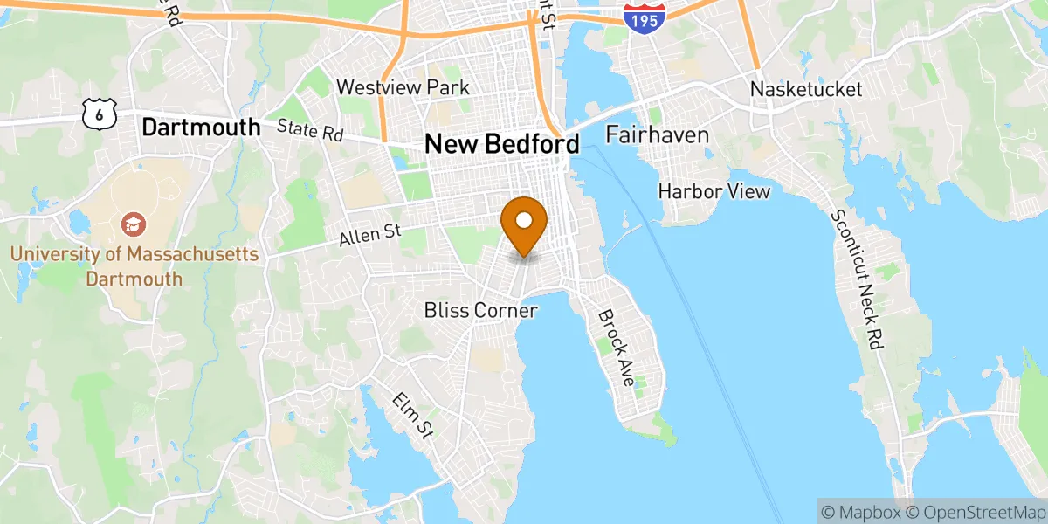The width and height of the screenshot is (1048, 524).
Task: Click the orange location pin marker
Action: click(x=524, y=224)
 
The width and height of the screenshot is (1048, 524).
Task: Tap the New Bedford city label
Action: click(x=501, y=144)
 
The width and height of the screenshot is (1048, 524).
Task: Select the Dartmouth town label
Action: click(x=201, y=128)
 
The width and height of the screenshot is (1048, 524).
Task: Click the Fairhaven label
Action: click(x=657, y=135)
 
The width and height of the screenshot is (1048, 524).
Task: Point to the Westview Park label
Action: click(x=403, y=87)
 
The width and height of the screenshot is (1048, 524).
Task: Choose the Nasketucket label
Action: click(x=806, y=89)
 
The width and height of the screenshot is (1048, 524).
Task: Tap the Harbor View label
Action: click(x=714, y=190)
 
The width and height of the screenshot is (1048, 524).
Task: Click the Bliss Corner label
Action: click(x=480, y=310)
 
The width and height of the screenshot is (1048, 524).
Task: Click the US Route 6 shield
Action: click(x=100, y=111)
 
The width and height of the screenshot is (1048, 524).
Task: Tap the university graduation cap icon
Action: click(x=134, y=225)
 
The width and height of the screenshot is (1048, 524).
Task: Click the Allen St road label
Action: click(x=369, y=234)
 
